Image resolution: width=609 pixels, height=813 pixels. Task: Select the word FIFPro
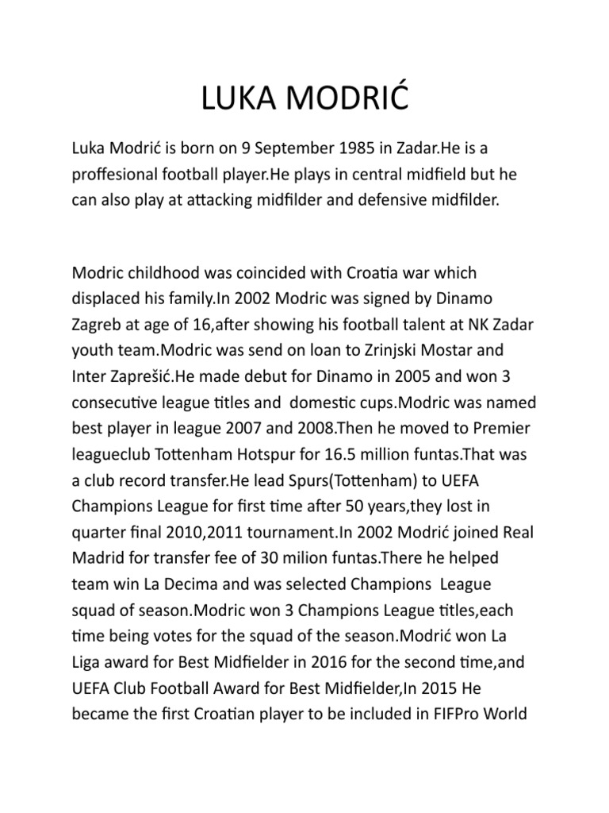click(453, 711)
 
